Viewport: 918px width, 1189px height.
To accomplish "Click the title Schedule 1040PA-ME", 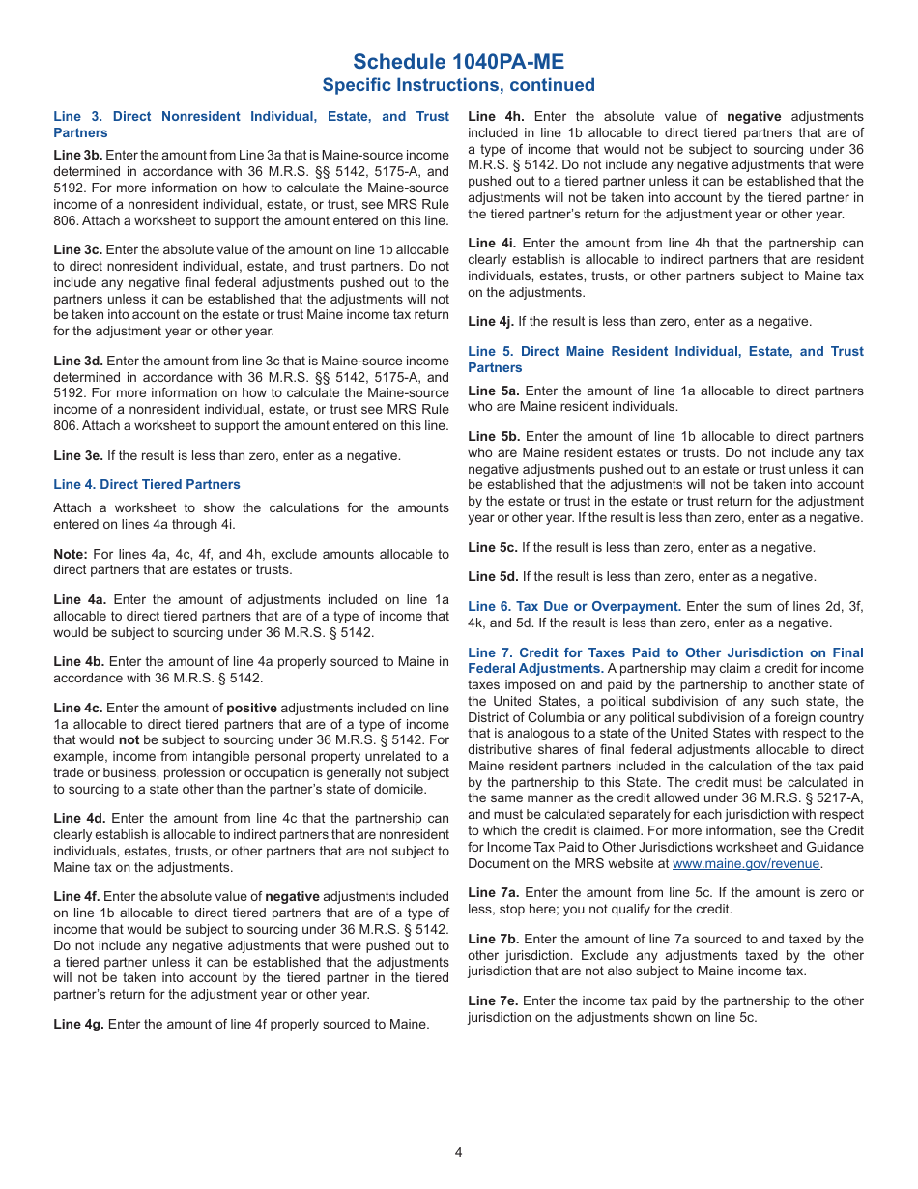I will click(x=458, y=62).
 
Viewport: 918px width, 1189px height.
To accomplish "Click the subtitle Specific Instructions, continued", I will click(x=458, y=85).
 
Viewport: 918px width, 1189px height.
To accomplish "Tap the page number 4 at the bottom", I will click(x=459, y=1151).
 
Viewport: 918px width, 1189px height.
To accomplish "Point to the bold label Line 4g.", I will click(x=78, y=1024).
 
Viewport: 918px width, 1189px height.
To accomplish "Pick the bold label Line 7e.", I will click(x=493, y=1000).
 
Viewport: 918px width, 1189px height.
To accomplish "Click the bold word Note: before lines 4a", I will click(x=71, y=554).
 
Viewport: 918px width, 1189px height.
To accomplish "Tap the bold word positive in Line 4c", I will click(x=251, y=708).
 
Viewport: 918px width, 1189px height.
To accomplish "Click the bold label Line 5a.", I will click(x=494, y=391).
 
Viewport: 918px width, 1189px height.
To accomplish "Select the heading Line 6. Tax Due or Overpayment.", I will click(x=575, y=606).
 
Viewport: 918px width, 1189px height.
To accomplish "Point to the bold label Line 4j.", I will click(x=491, y=321).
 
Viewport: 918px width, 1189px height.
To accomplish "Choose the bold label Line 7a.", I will click(x=493, y=892).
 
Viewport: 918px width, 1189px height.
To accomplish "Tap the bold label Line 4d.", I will click(x=79, y=818).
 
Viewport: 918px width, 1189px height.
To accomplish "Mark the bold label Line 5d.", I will click(x=493, y=576).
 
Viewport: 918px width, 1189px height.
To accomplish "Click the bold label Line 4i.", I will click(x=491, y=244).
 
